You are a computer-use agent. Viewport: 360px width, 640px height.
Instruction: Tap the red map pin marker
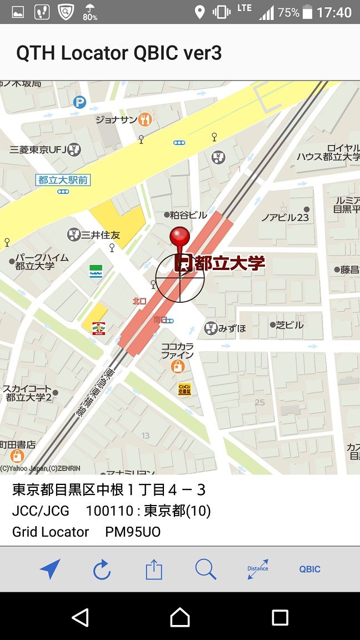[x=179, y=237]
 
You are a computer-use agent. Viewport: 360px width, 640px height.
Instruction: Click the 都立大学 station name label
[x=229, y=263]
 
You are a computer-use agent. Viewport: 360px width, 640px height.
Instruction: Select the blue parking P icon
[x=80, y=102]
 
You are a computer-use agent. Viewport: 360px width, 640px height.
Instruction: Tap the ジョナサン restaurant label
[x=117, y=119]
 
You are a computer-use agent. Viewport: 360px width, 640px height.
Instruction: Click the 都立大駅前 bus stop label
[x=63, y=180]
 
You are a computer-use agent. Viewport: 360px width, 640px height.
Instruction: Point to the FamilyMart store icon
[x=96, y=271]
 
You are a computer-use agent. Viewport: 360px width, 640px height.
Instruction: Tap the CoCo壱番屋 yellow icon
[x=184, y=389]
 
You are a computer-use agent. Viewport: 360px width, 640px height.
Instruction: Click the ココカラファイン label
[x=178, y=351]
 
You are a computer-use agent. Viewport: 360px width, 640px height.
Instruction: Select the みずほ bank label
[x=232, y=328]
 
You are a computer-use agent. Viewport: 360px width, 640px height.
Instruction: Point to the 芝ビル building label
[x=289, y=325]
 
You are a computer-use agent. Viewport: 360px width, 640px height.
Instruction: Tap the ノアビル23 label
[x=285, y=217]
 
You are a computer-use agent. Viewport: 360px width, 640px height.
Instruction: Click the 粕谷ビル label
[x=188, y=215]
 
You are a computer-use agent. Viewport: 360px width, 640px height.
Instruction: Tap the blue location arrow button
[x=50, y=569]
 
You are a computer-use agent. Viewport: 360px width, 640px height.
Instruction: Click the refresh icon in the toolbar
[x=102, y=569]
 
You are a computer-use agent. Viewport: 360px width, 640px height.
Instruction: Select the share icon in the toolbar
[x=154, y=569]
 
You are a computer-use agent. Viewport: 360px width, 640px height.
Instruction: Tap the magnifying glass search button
[x=206, y=569]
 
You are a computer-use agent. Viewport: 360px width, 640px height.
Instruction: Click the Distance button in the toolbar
[x=258, y=569]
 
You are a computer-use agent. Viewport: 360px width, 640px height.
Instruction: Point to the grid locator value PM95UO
[x=133, y=532]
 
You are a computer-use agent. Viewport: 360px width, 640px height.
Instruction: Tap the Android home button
[x=180, y=617]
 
